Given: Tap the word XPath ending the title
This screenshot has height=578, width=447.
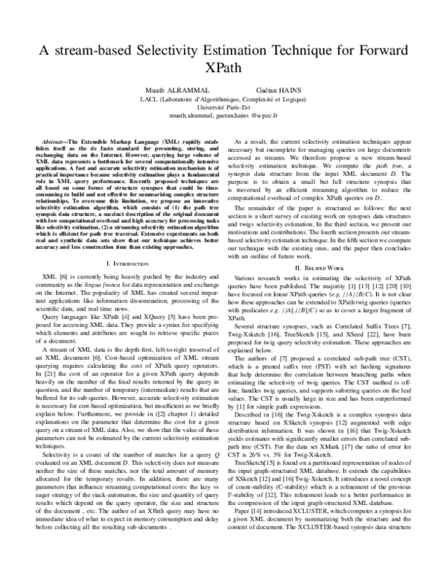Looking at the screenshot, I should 223,71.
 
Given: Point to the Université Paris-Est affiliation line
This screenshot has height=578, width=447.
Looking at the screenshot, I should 223,107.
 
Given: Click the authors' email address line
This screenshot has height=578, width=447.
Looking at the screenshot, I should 223,116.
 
